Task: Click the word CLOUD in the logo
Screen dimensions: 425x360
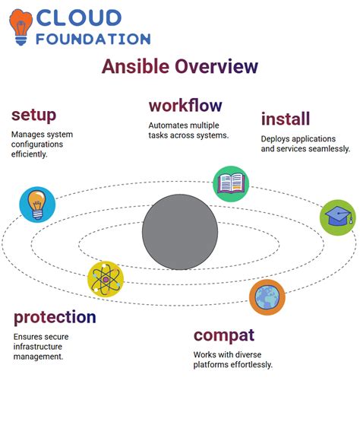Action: [x=79, y=17]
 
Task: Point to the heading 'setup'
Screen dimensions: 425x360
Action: [x=33, y=115]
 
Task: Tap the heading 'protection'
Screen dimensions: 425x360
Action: [x=55, y=317]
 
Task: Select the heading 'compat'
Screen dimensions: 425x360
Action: [x=224, y=335]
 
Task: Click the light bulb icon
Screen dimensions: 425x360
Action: [x=37, y=204]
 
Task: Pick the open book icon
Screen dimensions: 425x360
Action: [x=230, y=183]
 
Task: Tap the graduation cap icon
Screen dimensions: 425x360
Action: [x=336, y=217]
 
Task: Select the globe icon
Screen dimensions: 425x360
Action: [x=267, y=297]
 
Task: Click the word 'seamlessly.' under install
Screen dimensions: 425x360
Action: [x=325, y=149]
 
